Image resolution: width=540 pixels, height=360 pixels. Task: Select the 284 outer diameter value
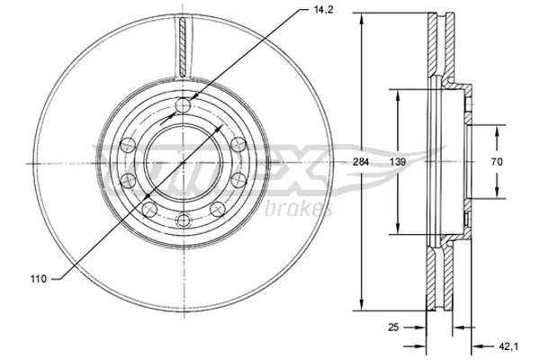coord(362,162)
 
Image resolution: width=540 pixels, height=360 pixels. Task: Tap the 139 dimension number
coord(397,162)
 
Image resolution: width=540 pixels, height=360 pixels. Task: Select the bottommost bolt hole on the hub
coord(184,220)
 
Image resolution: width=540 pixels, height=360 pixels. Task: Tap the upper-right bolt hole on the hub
coord(238,144)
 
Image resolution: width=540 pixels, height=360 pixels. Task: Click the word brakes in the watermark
coord(297,210)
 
